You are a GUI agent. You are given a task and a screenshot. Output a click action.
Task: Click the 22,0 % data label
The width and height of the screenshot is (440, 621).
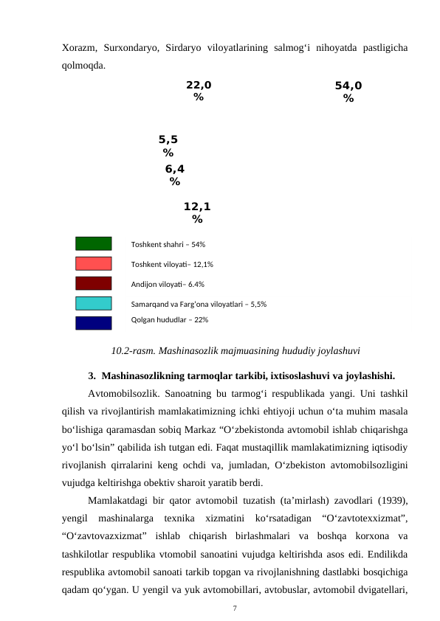point(199,91)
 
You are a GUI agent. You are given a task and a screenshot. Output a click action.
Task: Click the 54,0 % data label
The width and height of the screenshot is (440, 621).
point(348,92)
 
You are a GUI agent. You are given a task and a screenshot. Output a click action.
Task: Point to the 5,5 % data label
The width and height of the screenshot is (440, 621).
point(168,145)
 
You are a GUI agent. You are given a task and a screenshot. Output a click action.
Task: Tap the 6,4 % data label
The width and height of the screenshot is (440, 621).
point(174,175)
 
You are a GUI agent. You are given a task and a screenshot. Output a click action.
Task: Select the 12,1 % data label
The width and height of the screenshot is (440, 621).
point(197,213)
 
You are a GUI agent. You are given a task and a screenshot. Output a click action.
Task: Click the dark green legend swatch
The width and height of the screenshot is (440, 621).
point(94,244)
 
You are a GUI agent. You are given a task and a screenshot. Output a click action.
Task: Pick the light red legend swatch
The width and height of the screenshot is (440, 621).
point(94,263)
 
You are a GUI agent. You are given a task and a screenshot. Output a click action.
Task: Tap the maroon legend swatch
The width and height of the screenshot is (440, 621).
point(94,283)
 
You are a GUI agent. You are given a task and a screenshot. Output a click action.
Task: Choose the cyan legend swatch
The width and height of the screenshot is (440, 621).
point(94,303)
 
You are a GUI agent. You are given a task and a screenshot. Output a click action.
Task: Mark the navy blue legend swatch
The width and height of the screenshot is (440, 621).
point(94,322)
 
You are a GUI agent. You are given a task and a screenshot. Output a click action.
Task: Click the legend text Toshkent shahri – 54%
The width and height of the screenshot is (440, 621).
point(168,244)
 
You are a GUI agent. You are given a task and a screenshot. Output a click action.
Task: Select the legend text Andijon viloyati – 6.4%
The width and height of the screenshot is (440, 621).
point(168,284)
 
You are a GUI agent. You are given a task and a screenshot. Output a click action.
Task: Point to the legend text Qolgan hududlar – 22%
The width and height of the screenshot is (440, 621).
point(169,320)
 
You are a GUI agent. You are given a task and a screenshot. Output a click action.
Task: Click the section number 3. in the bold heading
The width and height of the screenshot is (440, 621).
point(92,372)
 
